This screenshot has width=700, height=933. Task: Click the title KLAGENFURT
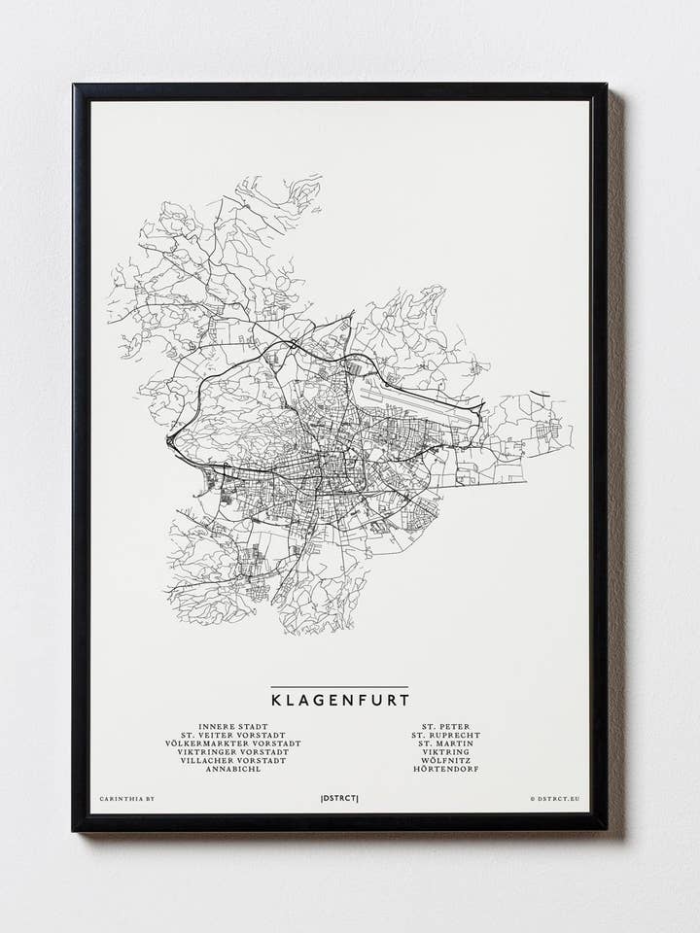pos(339,699)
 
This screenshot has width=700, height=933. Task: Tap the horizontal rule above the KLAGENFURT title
pos(339,687)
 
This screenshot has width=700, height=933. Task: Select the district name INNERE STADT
pos(233,726)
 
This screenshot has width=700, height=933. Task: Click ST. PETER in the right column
pos(445,726)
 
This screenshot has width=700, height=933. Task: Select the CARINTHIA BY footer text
pos(126,799)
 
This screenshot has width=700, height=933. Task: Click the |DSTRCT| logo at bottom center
pos(339,799)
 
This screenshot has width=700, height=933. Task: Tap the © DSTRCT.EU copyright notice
pos(554,799)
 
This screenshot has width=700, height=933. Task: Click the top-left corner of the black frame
pos(76,87)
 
